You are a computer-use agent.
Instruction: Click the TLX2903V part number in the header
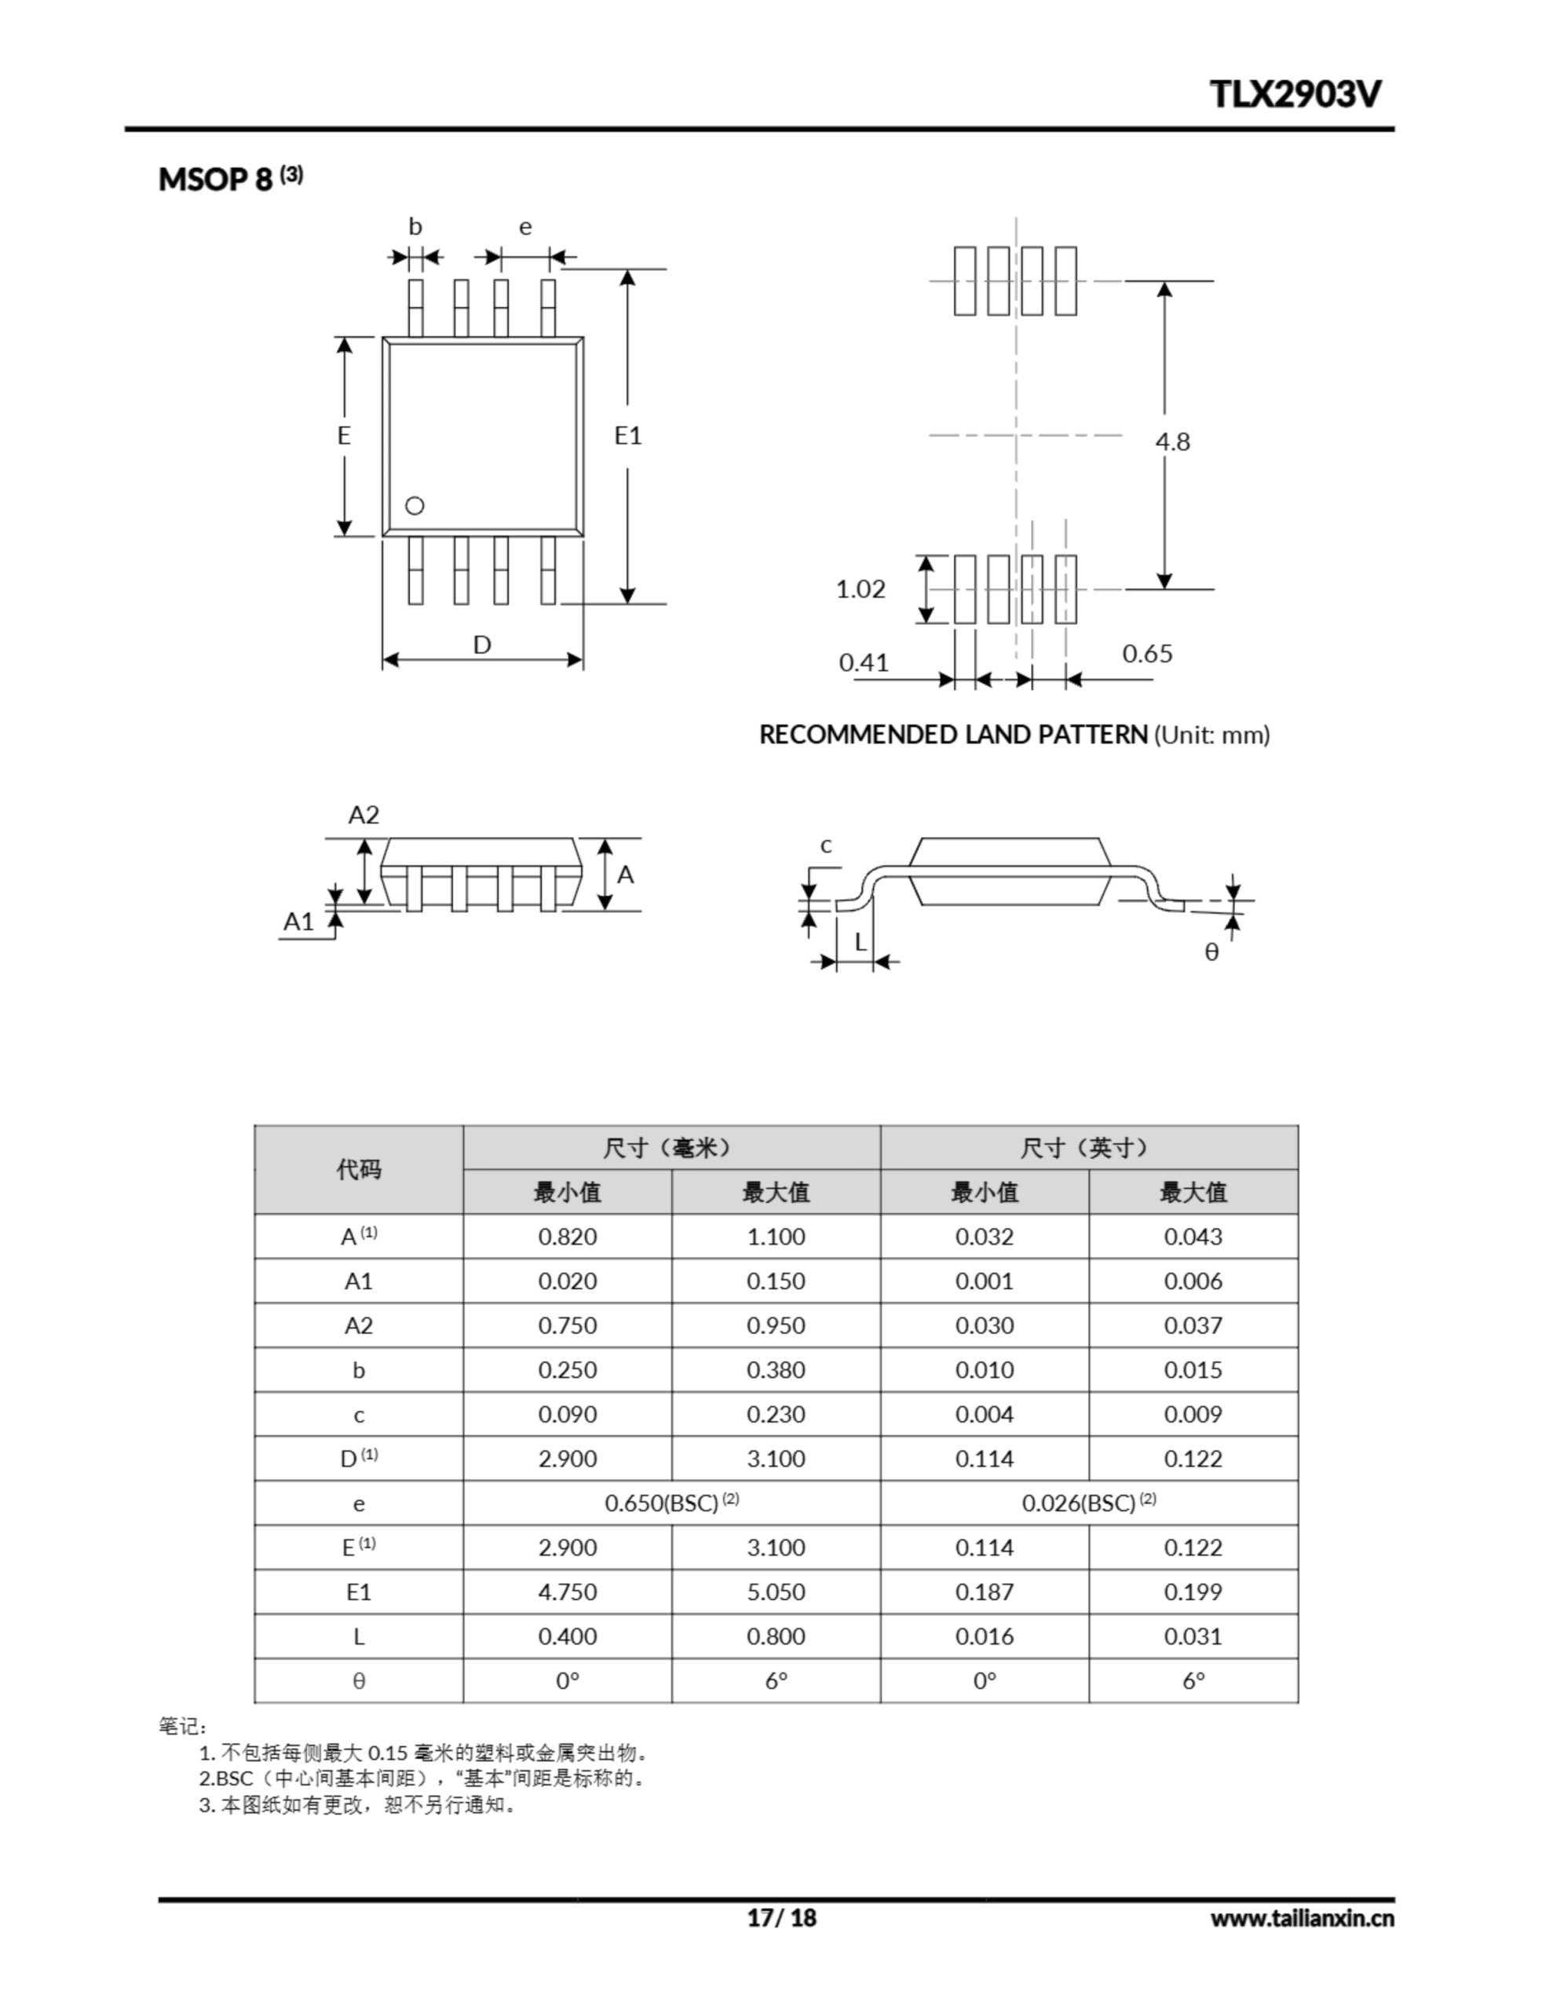tap(1295, 94)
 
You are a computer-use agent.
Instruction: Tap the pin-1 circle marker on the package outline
tap(415, 506)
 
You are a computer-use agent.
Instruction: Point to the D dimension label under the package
tap(481, 645)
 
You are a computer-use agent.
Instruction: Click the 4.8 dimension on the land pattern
tap(1172, 442)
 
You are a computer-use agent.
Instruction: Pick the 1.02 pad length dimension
tap(860, 589)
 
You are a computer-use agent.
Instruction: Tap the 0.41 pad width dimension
tap(864, 663)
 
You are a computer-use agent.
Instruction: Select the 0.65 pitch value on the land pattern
tap(1147, 653)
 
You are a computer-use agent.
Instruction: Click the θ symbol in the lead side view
tap(1211, 952)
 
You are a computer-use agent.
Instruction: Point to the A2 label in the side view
tap(364, 814)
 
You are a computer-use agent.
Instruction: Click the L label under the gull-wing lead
tap(861, 941)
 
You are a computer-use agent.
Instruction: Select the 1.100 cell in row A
tap(775, 1236)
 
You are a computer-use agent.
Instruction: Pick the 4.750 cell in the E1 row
tap(567, 1592)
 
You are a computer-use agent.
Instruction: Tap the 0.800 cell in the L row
tap(775, 1636)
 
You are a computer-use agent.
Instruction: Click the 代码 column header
tap(358, 1170)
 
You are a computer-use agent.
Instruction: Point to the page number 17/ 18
tap(780, 1917)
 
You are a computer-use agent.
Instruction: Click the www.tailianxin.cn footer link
tap(1302, 1918)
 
